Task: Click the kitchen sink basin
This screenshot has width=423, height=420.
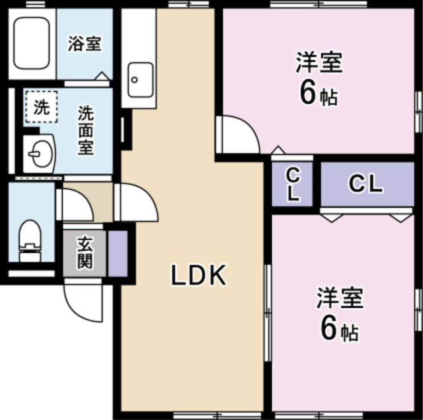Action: [x=140, y=79]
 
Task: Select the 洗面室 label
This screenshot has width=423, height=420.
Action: [x=85, y=130]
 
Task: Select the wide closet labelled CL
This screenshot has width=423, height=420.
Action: [x=366, y=184]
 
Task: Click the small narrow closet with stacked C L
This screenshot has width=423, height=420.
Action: [x=293, y=185]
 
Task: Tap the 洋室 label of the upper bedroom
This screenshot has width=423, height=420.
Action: [x=318, y=63]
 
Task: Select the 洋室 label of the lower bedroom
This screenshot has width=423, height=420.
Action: [x=339, y=298]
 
